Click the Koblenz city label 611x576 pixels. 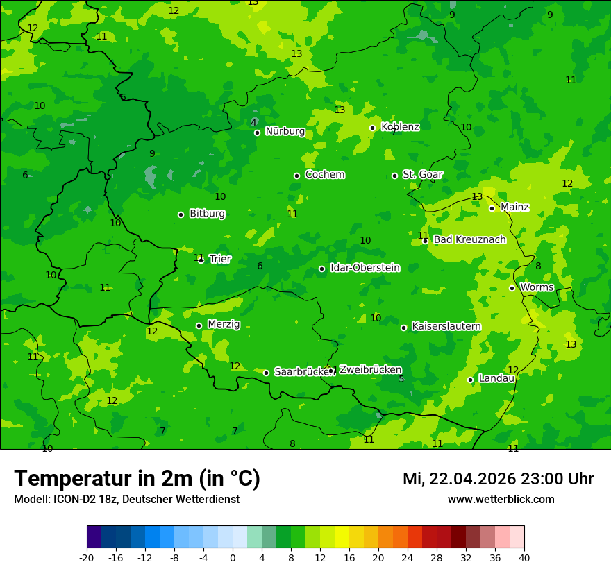coord(400,127)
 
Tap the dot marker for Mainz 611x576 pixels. coord(492,208)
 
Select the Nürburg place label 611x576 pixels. coord(285,131)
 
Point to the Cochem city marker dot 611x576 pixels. coord(296,176)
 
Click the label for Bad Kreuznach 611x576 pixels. coord(469,240)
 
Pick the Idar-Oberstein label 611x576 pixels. coord(365,268)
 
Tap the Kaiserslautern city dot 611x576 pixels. coord(403,328)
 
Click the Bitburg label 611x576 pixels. coord(207,214)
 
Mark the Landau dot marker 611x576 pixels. coord(470,380)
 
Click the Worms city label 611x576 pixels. coord(536,287)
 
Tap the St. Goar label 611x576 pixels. coord(422,175)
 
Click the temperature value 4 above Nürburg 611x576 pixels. coord(253,123)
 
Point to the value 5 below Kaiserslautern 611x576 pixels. coord(401,379)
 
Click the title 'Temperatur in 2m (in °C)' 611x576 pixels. coord(137,479)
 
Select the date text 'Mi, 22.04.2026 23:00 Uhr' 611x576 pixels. coord(498,480)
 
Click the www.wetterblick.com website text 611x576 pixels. coord(501,500)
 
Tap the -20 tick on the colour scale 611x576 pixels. coord(87,558)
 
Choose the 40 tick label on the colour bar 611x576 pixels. coord(524,558)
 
